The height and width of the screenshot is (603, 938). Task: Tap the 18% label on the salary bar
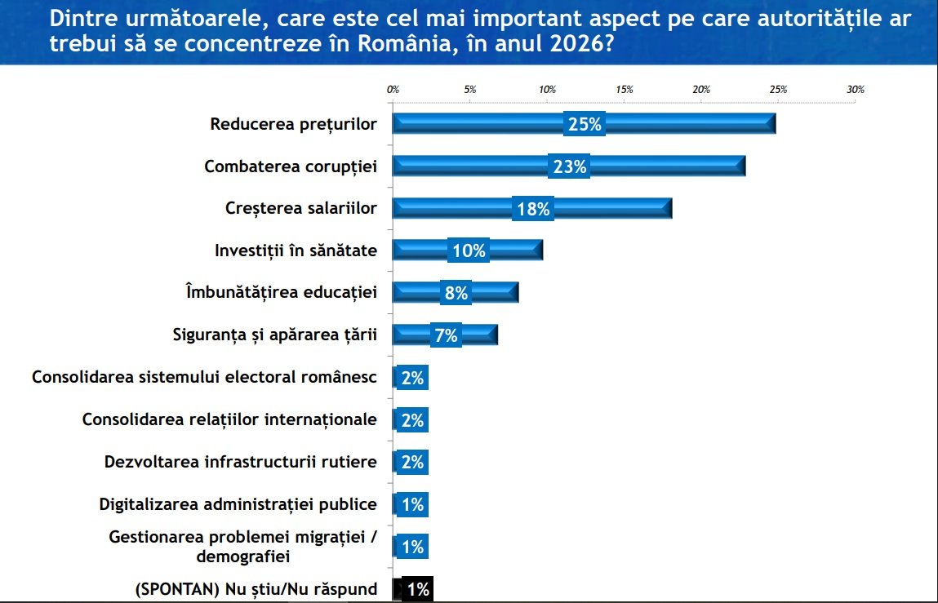click(x=534, y=209)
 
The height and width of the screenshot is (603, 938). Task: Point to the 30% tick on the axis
click(x=855, y=90)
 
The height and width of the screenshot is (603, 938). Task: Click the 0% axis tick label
click(x=393, y=90)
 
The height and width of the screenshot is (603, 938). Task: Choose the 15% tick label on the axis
click(x=625, y=90)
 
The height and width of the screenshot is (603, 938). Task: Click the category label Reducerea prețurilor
click(x=293, y=124)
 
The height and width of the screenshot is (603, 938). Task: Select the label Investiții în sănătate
click(x=296, y=251)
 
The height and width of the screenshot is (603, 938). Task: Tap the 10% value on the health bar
click(x=469, y=251)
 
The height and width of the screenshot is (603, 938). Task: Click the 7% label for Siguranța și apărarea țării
click(x=446, y=335)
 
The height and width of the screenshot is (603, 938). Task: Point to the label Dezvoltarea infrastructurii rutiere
click(x=241, y=462)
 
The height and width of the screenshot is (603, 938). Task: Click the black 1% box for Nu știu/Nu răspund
click(x=416, y=589)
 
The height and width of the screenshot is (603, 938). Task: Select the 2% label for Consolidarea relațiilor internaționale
click(x=412, y=420)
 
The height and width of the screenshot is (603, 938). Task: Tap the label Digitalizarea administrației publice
click(x=238, y=504)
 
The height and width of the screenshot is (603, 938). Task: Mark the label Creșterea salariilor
click(x=300, y=208)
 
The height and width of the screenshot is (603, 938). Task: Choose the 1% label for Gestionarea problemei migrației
click(x=412, y=547)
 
